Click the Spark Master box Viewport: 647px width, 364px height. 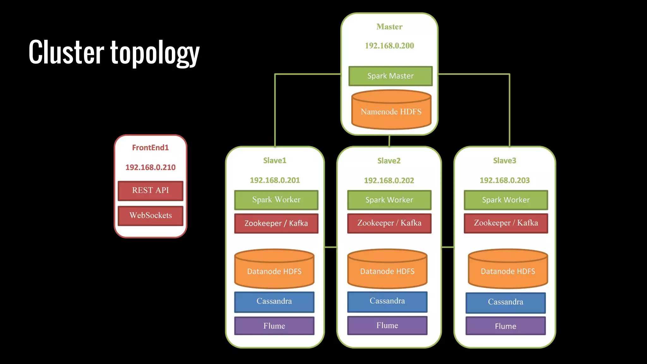tap(390, 76)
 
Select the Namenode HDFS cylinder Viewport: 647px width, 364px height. tap(391, 112)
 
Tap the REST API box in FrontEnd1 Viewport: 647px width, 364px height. tap(150, 190)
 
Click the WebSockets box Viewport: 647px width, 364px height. tap(150, 215)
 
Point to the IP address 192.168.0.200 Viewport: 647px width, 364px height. tap(389, 46)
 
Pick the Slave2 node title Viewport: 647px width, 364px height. tap(389, 161)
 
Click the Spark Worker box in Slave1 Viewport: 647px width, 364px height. tap(276, 200)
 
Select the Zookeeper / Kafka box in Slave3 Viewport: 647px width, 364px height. tap(506, 223)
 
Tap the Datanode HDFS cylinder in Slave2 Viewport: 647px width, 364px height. tap(387, 271)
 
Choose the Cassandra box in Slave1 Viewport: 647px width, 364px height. tap(274, 301)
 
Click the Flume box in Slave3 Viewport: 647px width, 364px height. tap(505, 326)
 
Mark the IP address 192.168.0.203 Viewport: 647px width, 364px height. tap(505, 180)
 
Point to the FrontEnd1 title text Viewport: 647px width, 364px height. tap(150, 148)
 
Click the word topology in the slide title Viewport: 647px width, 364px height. tap(155, 53)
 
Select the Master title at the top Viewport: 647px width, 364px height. tap(389, 27)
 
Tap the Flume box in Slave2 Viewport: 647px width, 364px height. tap(387, 325)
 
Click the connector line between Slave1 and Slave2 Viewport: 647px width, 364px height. tap(330, 247)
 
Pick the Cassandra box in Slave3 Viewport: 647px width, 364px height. tap(505, 302)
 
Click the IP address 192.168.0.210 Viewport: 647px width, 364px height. tap(150, 167)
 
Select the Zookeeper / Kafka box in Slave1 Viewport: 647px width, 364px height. tap(276, 223)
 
